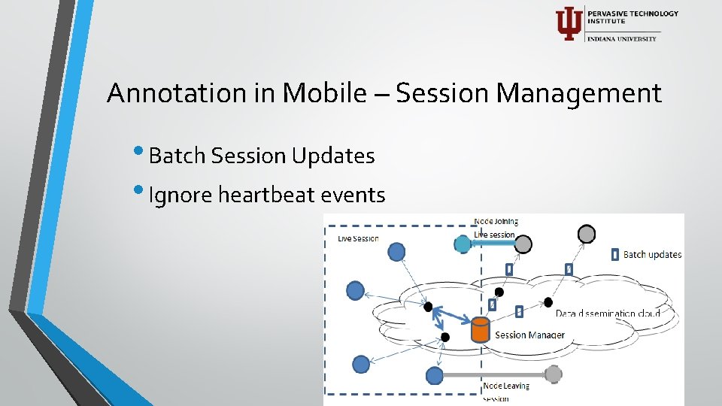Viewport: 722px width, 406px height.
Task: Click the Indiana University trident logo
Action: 569,23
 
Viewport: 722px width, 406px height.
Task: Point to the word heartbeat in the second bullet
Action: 266,195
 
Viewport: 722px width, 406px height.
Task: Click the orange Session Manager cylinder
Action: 480,330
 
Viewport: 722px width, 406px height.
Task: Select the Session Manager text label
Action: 529,335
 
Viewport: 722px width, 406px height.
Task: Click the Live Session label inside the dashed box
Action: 358,238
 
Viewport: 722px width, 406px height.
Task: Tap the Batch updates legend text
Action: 652,254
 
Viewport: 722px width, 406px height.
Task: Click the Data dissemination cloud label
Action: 608,313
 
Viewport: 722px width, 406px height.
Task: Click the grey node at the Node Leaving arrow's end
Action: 553,374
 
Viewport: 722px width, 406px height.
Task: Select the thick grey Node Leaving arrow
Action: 496,374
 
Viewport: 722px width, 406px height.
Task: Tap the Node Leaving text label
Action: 506,386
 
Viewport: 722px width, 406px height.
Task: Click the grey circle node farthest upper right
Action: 587,234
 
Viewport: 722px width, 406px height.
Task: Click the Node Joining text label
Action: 496,222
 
